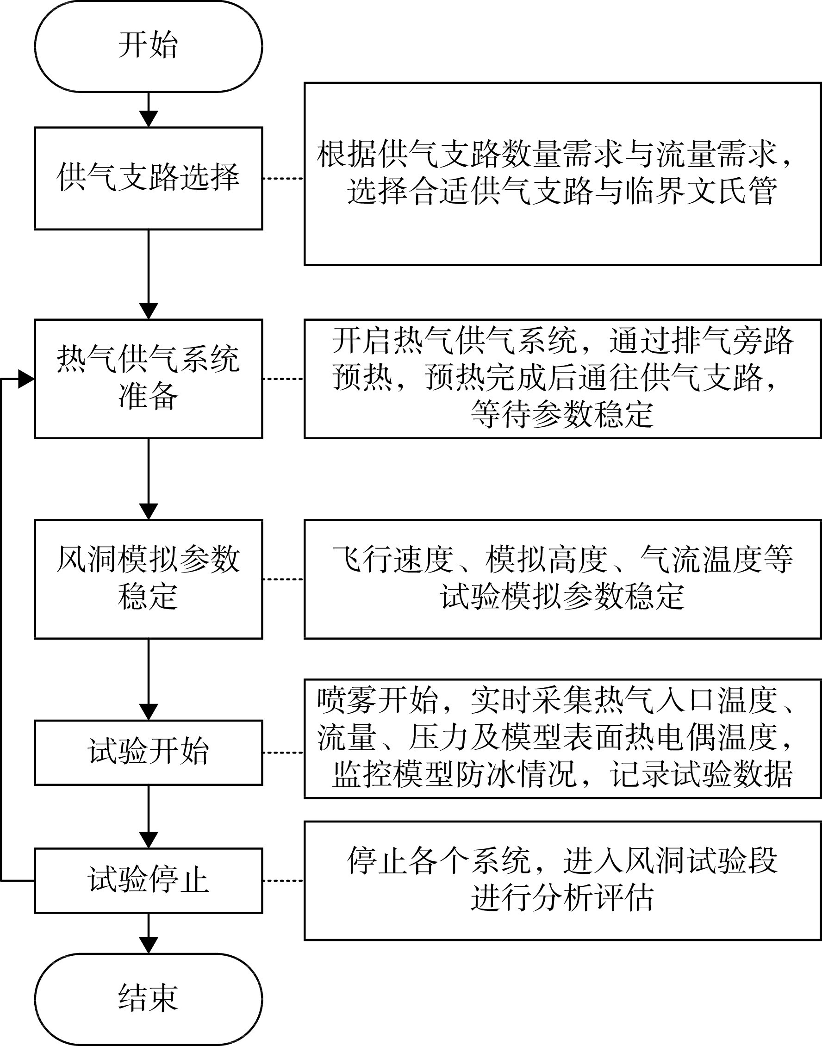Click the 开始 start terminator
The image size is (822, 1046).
[x=148, y=46]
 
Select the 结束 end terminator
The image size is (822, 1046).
[x=148, y=999]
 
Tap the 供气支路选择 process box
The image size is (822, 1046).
[x=148, y=179]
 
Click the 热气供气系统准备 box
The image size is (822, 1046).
[x=148, y=379]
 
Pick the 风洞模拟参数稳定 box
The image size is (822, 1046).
[x=148, y=579]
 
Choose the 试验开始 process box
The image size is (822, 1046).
[x=148, y=753]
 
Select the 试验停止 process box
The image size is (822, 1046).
[x=148, y=880]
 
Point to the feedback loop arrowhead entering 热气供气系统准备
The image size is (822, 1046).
[x=26, y=379]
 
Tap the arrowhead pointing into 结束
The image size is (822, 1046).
[x=148, y=946]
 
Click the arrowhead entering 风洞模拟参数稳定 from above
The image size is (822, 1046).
[x=148, y=512]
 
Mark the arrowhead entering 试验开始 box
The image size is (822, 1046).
[x=148, y=712]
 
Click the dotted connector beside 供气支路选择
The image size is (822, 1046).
[x=283, y=179]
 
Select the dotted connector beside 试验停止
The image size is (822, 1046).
[x=283, y=880]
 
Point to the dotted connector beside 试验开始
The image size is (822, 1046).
[x=283, y=753]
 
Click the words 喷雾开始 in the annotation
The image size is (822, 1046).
[x=378, y=701]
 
